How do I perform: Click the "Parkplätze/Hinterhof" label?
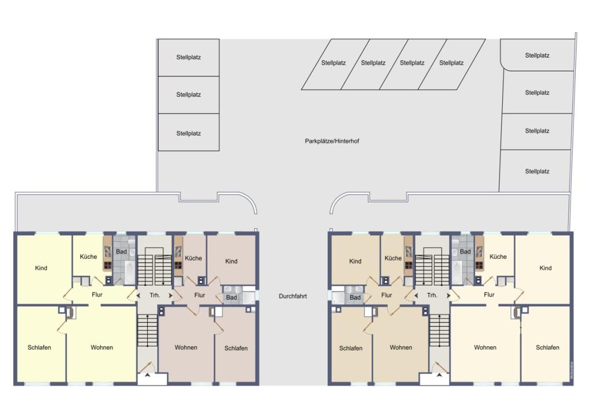point(332,141)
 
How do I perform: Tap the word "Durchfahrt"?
point(293,296)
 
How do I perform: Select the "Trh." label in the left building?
point(155,295)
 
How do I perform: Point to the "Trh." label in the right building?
point(432,295)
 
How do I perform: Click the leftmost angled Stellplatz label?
point(333,63)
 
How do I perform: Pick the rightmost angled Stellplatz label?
point(451,63)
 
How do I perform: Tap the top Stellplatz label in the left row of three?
point(189,57)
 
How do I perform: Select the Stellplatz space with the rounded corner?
point(537,55)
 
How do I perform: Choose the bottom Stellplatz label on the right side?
point(537,171)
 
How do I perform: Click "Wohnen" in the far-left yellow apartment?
point(102,347)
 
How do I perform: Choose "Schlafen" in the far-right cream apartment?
point(548,347)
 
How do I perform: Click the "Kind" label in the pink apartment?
point(231,261)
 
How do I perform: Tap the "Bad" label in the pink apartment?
point(231,297)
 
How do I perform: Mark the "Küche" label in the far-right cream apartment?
point(498,256)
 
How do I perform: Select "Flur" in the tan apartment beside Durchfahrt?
point(387,295)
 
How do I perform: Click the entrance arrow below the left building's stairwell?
point(147,375)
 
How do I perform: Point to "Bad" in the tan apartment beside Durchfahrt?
point(355,297)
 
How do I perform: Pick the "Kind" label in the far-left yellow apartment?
point(41,268)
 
